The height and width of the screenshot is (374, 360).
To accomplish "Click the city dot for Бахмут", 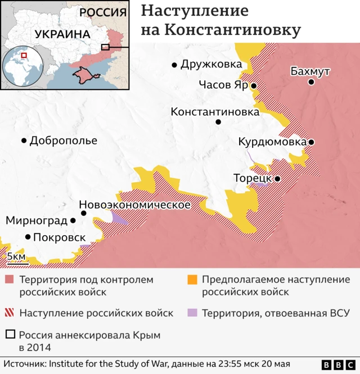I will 311,82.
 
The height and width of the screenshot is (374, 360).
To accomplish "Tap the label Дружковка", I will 211,64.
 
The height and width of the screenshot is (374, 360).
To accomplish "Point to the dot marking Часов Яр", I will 254,86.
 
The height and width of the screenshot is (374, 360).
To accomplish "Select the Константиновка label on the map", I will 215,112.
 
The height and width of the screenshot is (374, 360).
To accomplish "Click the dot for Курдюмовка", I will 311,142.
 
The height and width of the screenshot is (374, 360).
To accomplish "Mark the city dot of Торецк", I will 277,178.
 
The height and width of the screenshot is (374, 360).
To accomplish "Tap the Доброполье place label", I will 64,141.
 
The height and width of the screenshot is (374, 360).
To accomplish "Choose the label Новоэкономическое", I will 134,205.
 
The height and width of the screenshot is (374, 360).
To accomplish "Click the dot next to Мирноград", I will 73,220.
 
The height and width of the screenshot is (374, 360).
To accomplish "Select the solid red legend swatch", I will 10,280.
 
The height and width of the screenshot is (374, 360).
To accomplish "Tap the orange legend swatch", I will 192,280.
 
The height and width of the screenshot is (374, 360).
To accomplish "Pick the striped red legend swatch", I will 10,313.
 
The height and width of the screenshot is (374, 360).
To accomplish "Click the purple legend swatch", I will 192,313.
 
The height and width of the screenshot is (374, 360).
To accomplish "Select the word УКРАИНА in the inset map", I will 62,34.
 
